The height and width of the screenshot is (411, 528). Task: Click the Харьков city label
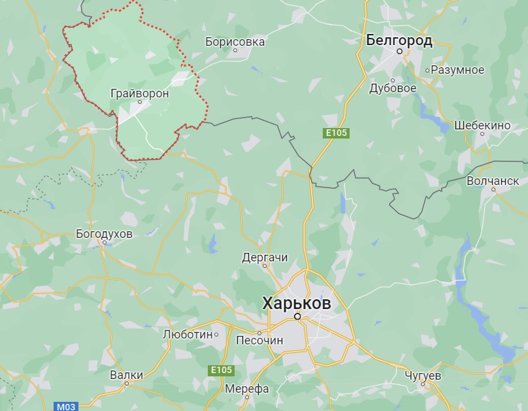coord(296,303)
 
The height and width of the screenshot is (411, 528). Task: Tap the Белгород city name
coord(399,41)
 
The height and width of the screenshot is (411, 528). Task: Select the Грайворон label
coord(140,93)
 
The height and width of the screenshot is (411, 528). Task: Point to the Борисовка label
coord(235,42)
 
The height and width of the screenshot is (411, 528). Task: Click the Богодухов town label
coord(105,233)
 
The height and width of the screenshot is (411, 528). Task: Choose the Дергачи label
coord(265,257)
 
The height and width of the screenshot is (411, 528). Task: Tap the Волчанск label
coord(493,180)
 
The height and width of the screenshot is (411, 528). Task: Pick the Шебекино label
coord(482,125)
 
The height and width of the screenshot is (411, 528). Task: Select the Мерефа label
coord(246,389)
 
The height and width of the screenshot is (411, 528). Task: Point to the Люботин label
coord(188,335)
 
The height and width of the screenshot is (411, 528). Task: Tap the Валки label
coord(126,375)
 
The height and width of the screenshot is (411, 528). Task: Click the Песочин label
coord(259,340)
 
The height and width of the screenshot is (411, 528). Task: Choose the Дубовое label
coord(393,88)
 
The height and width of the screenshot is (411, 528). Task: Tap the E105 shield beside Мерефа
coord(221,370)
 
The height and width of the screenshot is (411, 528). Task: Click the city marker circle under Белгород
coord(399,50)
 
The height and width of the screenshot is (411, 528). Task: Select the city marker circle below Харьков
coord(297,316)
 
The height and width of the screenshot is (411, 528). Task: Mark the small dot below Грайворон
coord(139,102)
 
